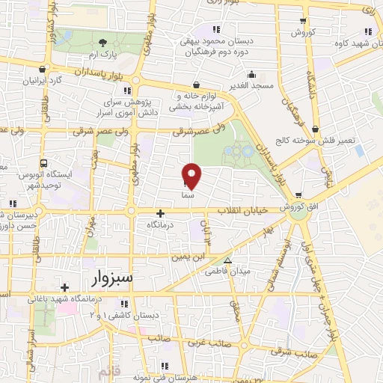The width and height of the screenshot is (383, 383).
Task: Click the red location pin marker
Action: [x=192, y=175]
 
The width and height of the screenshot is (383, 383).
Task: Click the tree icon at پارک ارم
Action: [x=101, y=43]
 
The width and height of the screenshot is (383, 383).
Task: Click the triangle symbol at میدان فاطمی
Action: [x=230, y=261]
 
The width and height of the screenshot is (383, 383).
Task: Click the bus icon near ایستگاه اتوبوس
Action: [x=43, y=162]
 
